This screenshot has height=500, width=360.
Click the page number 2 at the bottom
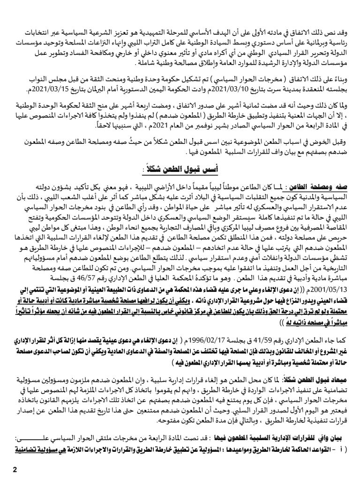click(15, 471)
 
